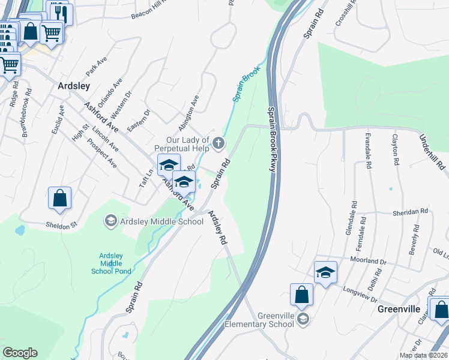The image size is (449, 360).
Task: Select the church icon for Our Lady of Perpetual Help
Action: pyautogui.click(x=218, y=143)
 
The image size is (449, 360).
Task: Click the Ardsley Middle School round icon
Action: pyautogui.click(x=110, y=221)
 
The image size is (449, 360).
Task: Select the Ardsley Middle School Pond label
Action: pyautogui.click(x=111, y=263)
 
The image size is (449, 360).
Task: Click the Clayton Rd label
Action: pyautogui.click(x=396, y=150)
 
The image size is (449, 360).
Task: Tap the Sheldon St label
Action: pyautogui.click(x=64, y=225)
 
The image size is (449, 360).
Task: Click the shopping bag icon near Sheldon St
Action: pyautogui.click(x=60, y=199)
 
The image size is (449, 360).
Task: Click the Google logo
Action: pyautogui.click(x=20, y=353)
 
